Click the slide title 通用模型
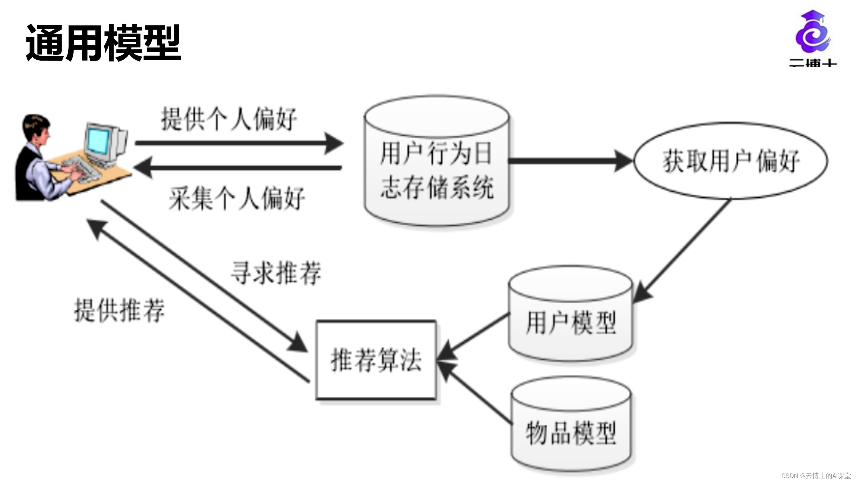104,43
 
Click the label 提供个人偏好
229,119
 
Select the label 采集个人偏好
237,198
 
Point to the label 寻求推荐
276,273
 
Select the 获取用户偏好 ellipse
731,161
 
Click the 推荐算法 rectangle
376,360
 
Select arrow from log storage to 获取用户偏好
568,161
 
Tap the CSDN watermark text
816,476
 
